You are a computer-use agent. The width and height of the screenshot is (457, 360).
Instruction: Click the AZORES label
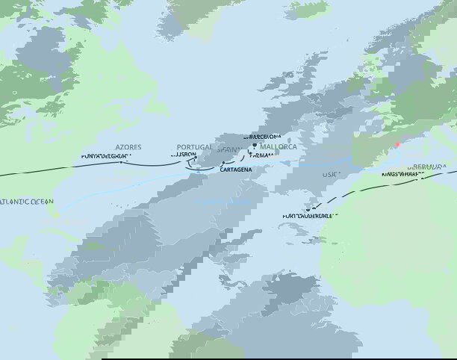point(128,148)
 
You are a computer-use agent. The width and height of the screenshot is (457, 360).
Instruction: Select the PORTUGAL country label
point(195,148)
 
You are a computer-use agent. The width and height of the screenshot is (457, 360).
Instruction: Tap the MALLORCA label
point(278,147)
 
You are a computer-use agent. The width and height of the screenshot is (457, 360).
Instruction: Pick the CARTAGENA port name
point(236,170)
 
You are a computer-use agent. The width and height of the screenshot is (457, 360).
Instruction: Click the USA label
point(329,174)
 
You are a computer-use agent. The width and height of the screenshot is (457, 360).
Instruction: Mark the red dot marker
point(398,145)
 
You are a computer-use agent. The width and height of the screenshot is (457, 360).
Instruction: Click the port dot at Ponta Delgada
point(123,161)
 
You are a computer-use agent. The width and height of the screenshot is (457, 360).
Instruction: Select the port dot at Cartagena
point(223,161)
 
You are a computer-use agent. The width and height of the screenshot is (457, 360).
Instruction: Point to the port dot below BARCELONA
point(254,144)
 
